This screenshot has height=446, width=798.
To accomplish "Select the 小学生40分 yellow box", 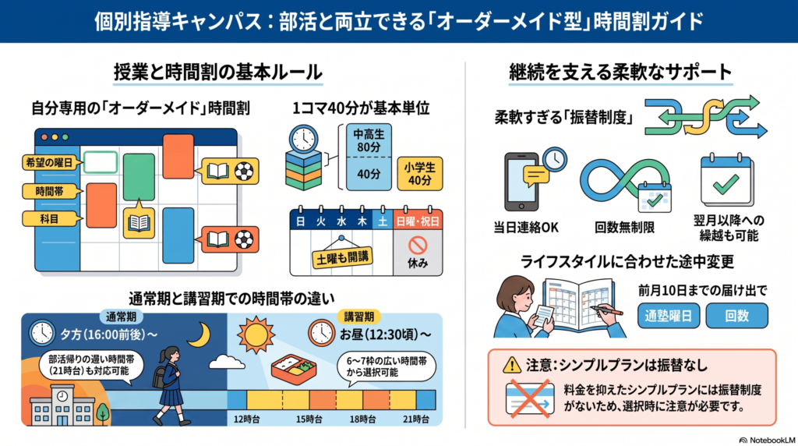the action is click(420, 174).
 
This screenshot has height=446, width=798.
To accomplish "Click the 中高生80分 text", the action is click(369, 141).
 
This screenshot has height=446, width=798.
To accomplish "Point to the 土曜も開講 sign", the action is click(342, 257).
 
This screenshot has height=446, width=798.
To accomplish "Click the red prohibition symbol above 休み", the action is click(418, 246).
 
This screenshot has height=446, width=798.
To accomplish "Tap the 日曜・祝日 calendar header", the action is click(418, 221).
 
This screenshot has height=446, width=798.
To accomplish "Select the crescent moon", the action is click(199, 335).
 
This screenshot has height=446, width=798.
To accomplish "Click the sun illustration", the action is click(256, 334).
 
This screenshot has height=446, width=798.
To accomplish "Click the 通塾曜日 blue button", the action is click(668, 316).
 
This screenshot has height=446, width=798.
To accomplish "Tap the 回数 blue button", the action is click(737, 316).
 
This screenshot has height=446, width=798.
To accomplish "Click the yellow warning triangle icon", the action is click(511, 365).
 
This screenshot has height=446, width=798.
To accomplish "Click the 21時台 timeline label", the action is click(416, 419).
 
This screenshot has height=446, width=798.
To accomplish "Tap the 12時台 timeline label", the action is click(247, 419).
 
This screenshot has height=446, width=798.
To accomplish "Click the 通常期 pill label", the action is click(121, 317).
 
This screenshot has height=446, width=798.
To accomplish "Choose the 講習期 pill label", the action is click(359, 317).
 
